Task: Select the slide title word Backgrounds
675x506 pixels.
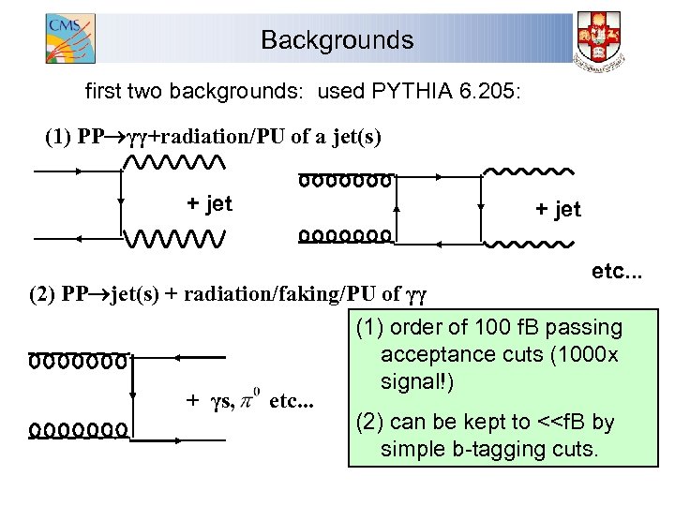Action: [337, 40]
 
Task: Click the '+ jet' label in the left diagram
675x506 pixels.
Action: [209, 203]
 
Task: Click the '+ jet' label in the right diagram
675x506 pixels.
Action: [558, 209]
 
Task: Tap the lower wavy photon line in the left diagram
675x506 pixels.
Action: [174, 239]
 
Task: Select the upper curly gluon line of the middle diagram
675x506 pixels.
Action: [345, 179]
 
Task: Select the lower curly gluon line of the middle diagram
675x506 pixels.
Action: [345, 236]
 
